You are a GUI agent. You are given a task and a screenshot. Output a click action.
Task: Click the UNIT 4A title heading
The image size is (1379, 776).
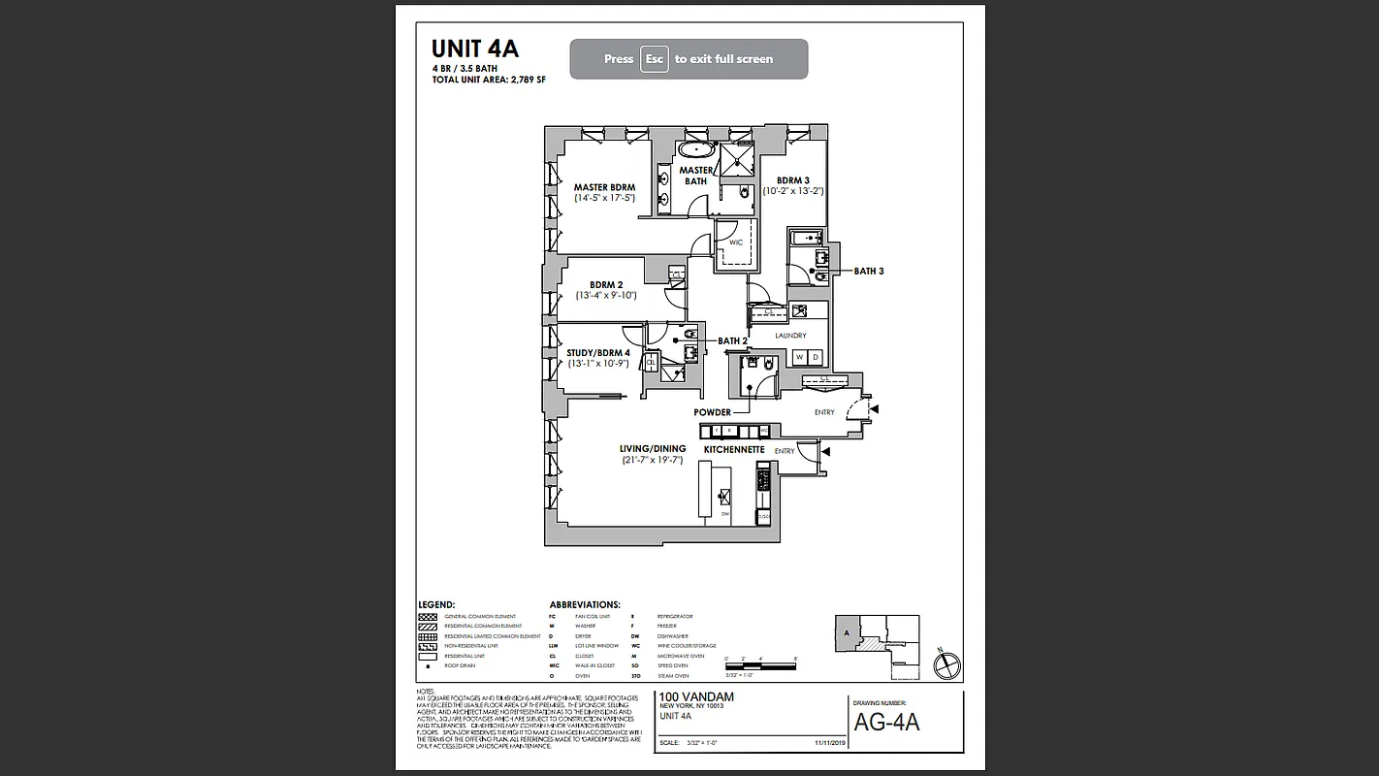point(475,49)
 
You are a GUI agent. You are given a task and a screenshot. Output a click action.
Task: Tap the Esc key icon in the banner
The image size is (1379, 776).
point(655,59)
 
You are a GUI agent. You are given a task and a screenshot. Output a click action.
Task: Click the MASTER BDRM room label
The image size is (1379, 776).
point(604,187)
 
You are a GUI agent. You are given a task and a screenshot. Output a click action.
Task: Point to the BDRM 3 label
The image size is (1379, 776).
point(792,180)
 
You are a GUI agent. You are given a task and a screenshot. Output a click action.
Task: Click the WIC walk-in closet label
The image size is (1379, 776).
point(735,242)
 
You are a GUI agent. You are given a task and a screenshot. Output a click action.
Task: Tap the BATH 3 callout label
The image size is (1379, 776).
point(868,272)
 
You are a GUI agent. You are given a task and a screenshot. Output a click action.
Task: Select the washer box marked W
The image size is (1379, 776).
point(800,357)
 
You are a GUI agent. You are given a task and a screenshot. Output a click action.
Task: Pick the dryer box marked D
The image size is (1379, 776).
point(816,357)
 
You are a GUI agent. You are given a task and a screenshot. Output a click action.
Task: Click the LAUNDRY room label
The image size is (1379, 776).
point(790,336)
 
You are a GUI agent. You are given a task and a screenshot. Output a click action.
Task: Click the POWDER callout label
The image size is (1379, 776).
point(712,412)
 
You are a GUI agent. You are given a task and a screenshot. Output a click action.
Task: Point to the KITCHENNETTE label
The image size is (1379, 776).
point(734,450)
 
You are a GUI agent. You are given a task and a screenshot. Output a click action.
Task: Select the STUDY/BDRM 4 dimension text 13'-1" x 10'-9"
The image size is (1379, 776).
point(598,364)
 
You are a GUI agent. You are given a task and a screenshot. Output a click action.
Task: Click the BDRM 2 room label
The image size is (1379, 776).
point(606,284)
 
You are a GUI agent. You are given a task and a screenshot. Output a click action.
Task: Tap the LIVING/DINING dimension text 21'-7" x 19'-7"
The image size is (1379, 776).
point(654,461)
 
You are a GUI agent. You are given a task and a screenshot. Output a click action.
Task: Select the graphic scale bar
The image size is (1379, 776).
point(760,664)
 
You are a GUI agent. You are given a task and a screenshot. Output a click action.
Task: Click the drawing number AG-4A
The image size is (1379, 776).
point(886,723)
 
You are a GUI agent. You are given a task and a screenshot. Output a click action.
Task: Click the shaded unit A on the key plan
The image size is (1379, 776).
point(848,632)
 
